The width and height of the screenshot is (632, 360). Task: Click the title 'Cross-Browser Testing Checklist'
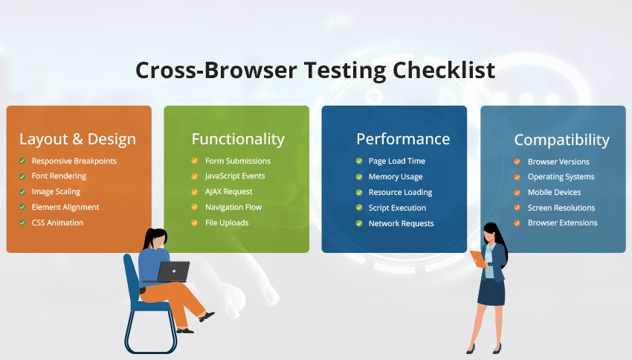click(x=315, y=70)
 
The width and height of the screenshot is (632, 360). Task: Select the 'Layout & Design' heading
click(x=77, y=139)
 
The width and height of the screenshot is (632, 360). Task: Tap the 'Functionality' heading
click(x=238, y=139)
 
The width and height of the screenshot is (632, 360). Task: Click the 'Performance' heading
click(x=403, y=139)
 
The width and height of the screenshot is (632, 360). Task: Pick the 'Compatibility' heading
click(x=561, y=140)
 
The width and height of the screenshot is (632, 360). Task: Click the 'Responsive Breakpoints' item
click(x=74, y=161)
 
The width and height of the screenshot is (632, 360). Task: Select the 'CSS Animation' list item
click(x=57, y=222)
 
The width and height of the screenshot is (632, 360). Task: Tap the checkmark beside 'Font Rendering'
click(x=23, y=176)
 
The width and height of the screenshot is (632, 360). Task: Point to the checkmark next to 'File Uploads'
click(x=195, y=222)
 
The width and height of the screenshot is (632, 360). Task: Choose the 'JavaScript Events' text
click(x=235, y=176)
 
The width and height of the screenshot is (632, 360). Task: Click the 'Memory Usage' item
click(x=396, y=177)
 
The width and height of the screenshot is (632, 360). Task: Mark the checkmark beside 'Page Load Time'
click(x=360, y=161)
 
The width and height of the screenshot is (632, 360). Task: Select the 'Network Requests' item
click(x=401, y=223)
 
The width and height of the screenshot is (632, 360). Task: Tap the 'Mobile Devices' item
click(x=554, y=192)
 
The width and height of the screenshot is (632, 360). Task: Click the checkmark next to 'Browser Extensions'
click(x=517, y=223)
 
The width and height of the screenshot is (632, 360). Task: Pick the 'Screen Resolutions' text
click(x=561, y=208)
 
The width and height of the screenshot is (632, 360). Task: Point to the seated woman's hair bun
click(x=149, y=233)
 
